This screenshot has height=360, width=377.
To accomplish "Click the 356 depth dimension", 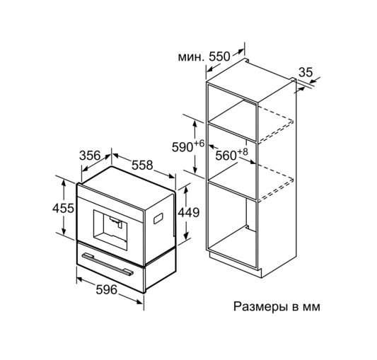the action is click(90, 156).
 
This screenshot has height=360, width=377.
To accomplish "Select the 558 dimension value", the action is click(142, 165).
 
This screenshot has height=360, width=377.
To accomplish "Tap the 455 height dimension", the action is click(63, 208).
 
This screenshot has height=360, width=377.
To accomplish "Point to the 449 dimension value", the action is click(189, 212).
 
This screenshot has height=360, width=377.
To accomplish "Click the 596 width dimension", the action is click(107, 289).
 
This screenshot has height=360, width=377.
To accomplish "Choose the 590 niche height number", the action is click(182, 147).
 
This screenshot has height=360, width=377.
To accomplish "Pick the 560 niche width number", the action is click(226, 156).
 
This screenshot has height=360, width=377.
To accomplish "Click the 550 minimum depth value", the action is click(219, 57).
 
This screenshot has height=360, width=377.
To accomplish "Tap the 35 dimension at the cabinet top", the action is click(306, 72).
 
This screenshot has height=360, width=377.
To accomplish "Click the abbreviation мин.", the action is click(191, 57).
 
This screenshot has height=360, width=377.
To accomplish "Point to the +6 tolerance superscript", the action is click(199, 144).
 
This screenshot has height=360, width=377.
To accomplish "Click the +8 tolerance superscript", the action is click(243, 152).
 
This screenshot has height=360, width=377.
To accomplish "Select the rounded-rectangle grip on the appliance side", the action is click(158, 218).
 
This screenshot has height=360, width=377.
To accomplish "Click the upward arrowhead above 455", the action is click(64, 183).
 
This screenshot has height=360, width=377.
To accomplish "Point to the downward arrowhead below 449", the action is click(186, 236).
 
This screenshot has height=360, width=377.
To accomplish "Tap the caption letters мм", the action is click(312, 308).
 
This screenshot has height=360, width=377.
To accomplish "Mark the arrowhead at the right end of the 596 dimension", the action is click(139, 301).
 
